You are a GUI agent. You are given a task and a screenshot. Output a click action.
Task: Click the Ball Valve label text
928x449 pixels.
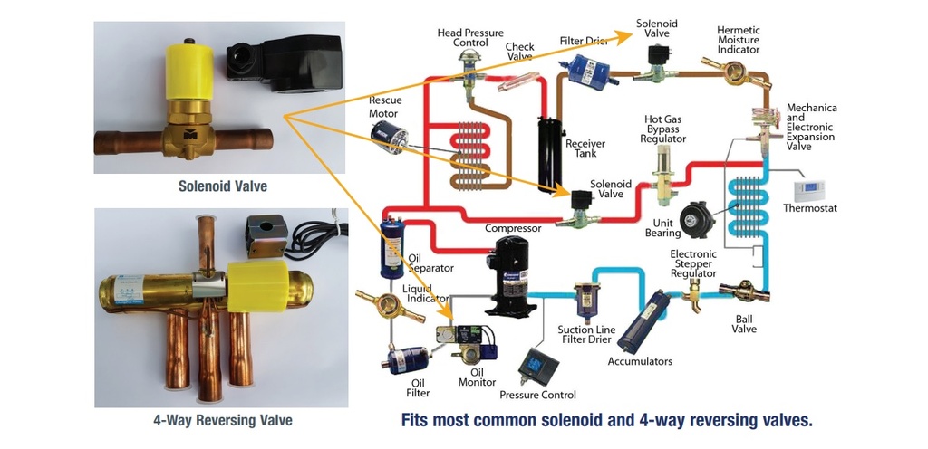click(x=744, y=322)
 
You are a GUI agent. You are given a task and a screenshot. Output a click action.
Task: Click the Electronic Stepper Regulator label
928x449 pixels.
click(x=693, y=263)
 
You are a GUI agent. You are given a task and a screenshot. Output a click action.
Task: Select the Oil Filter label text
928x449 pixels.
click(x=418, y=387)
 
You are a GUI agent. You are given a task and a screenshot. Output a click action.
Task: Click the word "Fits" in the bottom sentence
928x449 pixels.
click(x=416, y=420)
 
